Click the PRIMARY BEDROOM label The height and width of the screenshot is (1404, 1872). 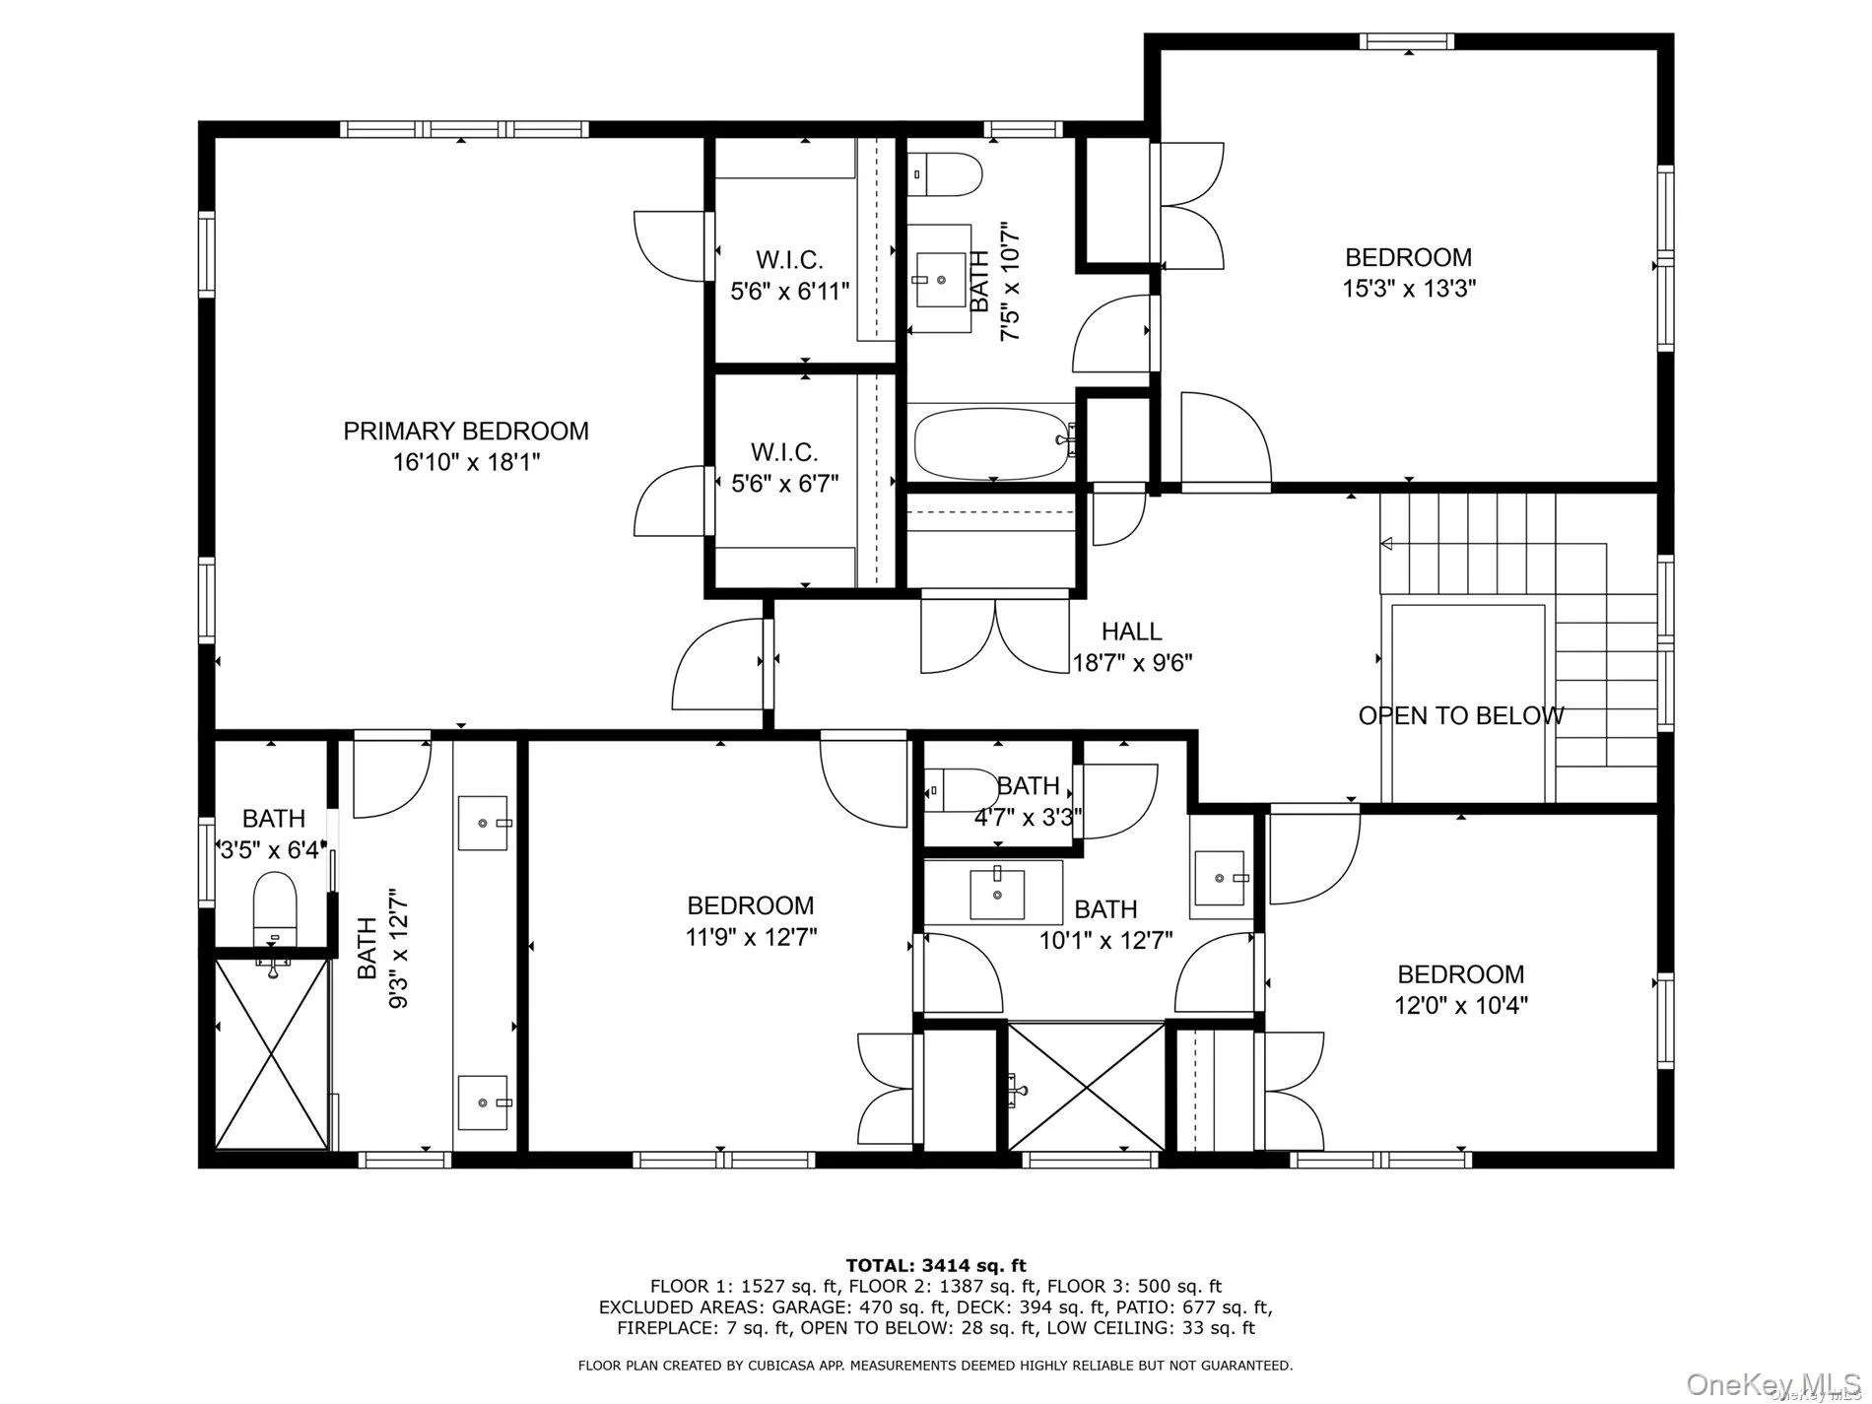(465, 431)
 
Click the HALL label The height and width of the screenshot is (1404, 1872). (1131, 631)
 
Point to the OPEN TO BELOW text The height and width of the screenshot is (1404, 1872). (1460, 716)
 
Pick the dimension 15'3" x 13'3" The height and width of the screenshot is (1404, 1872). (1409, 289)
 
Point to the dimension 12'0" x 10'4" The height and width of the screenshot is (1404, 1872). (1461, 1006)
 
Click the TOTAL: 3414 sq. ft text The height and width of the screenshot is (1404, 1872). (935, 1265)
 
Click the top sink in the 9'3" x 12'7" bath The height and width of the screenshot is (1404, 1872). (483, 822)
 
